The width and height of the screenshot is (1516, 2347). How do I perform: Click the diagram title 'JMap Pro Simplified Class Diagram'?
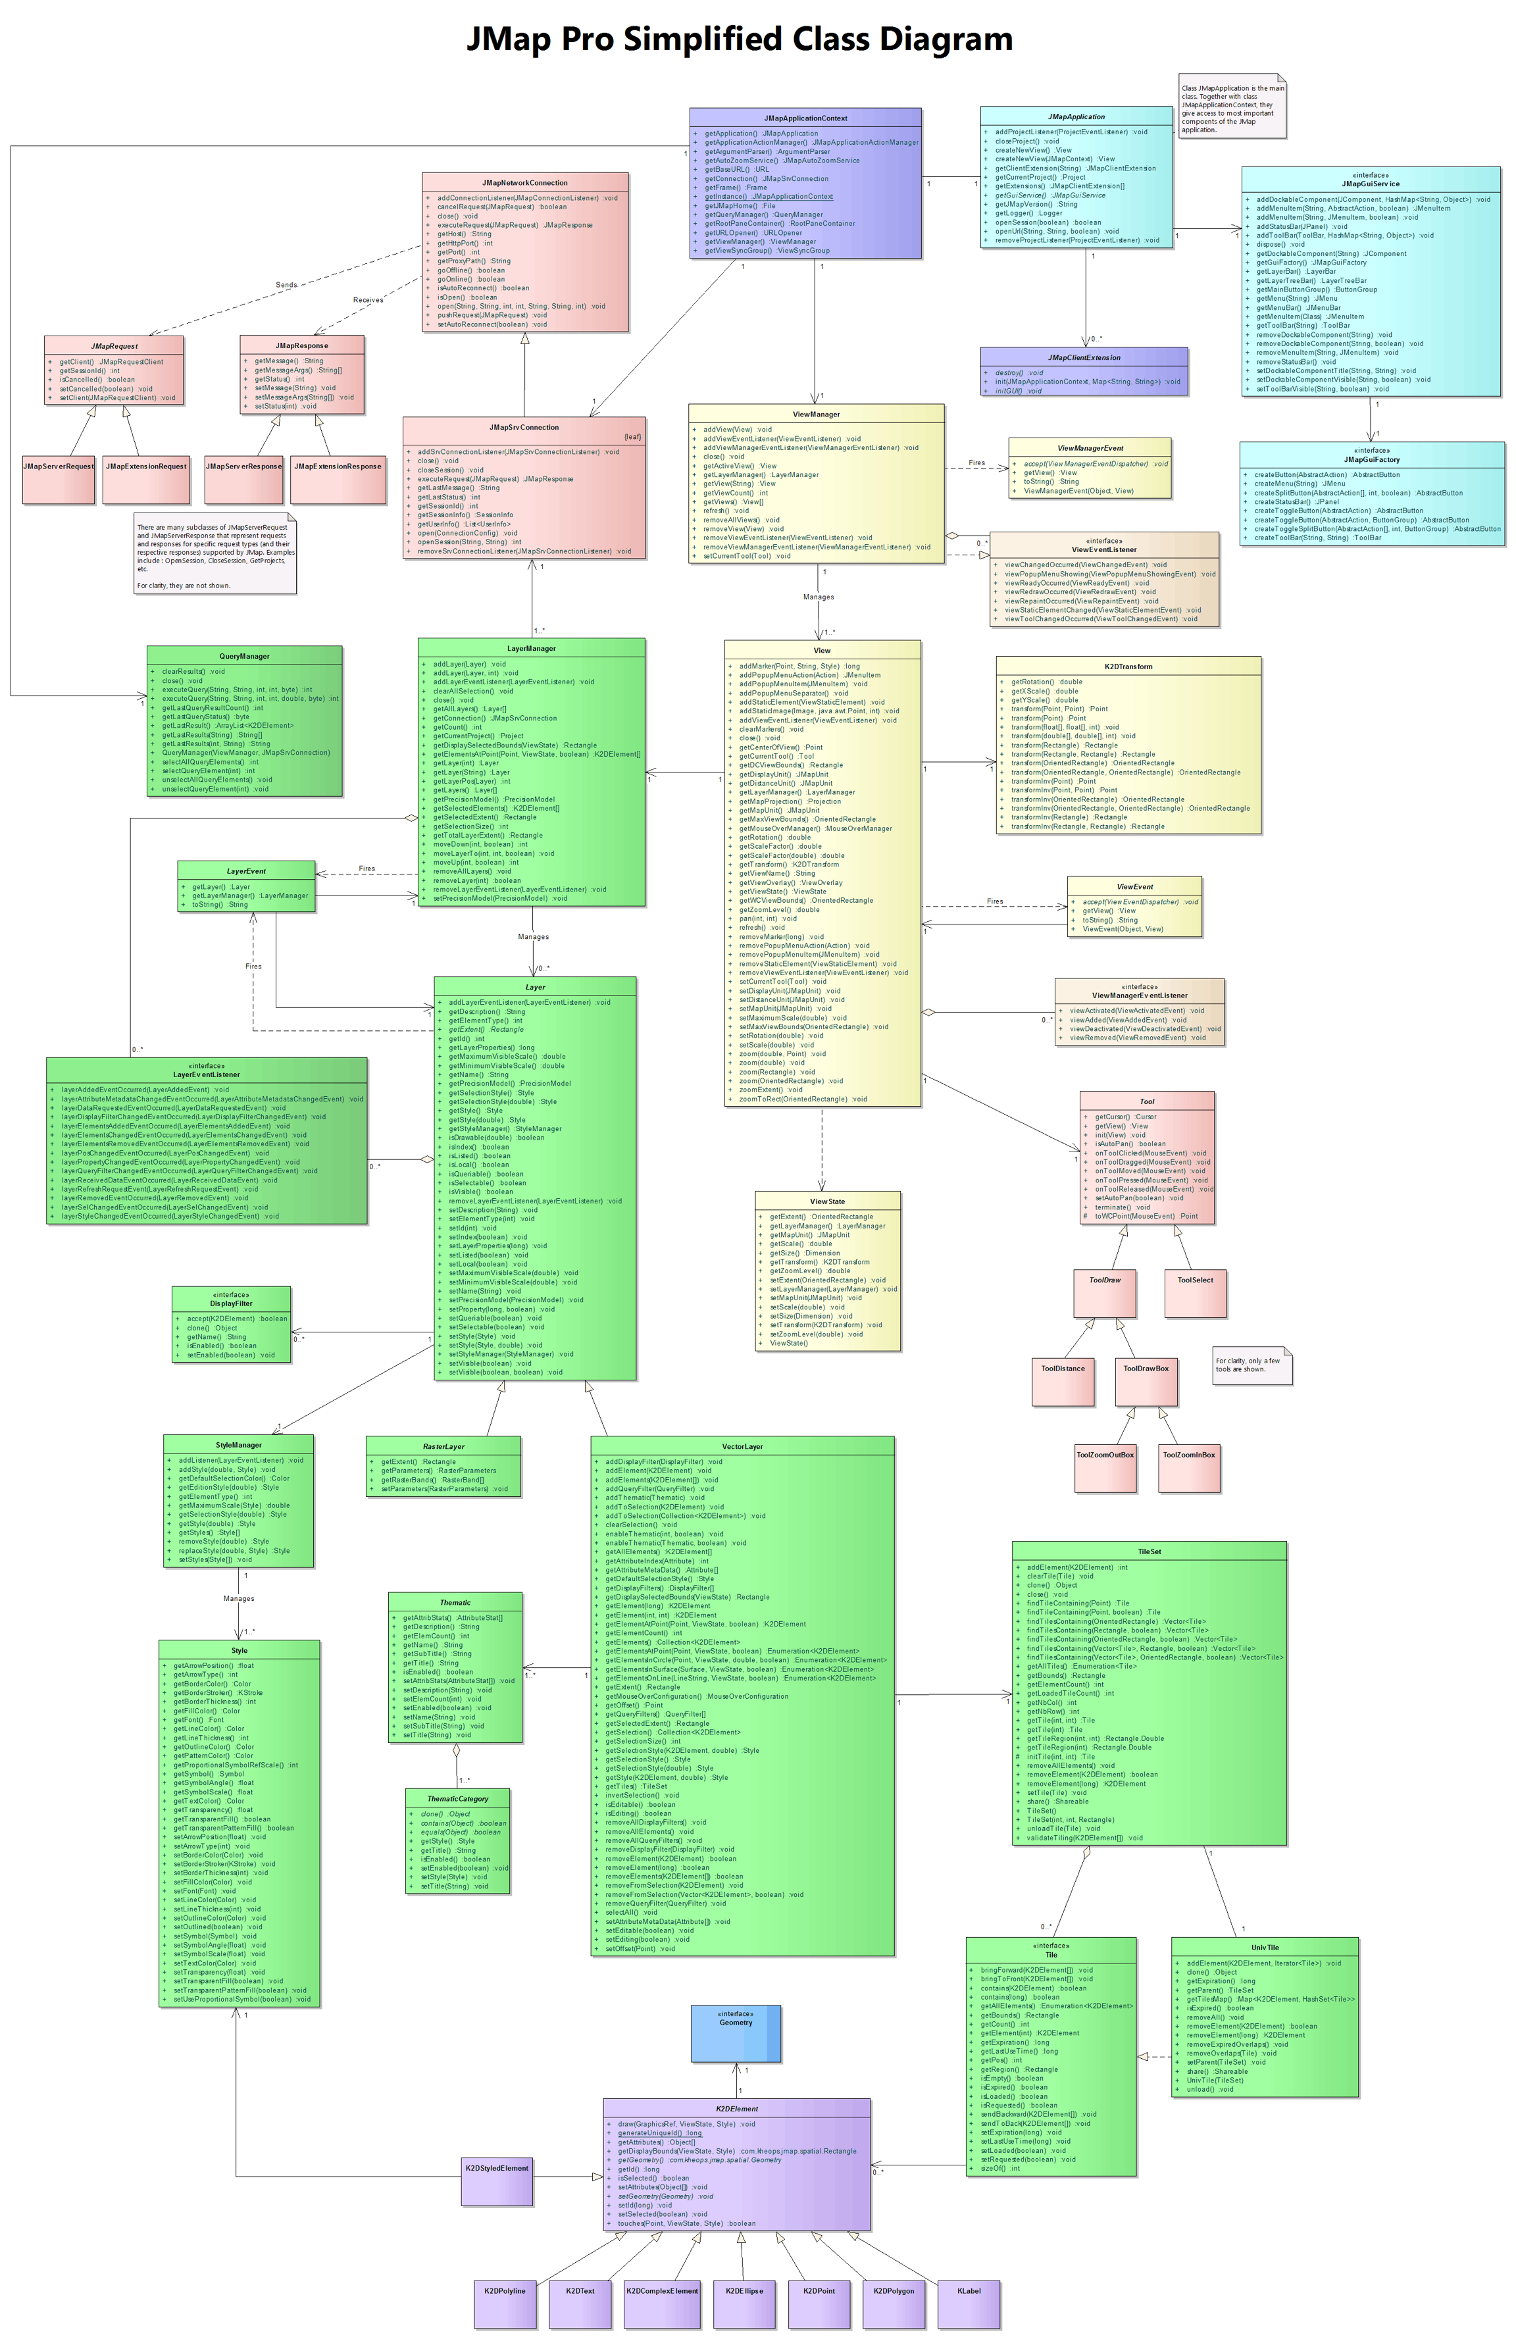click(x=740, y=39)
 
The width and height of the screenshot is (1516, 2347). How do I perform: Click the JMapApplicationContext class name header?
click(x=805, y=118)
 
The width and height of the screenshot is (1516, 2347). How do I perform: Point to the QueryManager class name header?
click(x=244, y=655)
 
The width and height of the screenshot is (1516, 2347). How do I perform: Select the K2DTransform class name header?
click(x=1128, y=667)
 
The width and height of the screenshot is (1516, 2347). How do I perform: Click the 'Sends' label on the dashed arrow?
click(x=286, y=284)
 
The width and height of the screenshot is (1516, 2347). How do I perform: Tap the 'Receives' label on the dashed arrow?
click(x=368, y=300)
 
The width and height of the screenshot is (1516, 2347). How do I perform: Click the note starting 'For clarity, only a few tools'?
click(x=1251, y=1365)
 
